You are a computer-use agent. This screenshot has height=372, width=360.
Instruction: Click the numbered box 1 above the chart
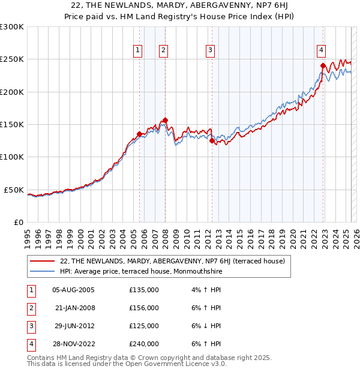coord(139,50)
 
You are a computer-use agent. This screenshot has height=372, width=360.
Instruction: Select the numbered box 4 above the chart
coord(322,50)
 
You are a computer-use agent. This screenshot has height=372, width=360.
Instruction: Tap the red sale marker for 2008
coord(165,120)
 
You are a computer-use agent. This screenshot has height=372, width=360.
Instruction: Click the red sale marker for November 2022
coord(323,65)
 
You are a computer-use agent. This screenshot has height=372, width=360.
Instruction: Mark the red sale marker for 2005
coord(139,134)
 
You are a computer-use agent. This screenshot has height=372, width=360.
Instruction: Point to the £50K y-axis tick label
coord(14,190)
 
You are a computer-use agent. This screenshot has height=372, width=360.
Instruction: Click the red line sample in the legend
coord(43,261)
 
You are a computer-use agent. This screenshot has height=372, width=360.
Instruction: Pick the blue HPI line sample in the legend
coord(43,271)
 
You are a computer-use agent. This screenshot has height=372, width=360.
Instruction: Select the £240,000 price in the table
coord(144,344)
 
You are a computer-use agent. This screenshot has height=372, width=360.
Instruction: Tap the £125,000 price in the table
coord(144,326)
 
